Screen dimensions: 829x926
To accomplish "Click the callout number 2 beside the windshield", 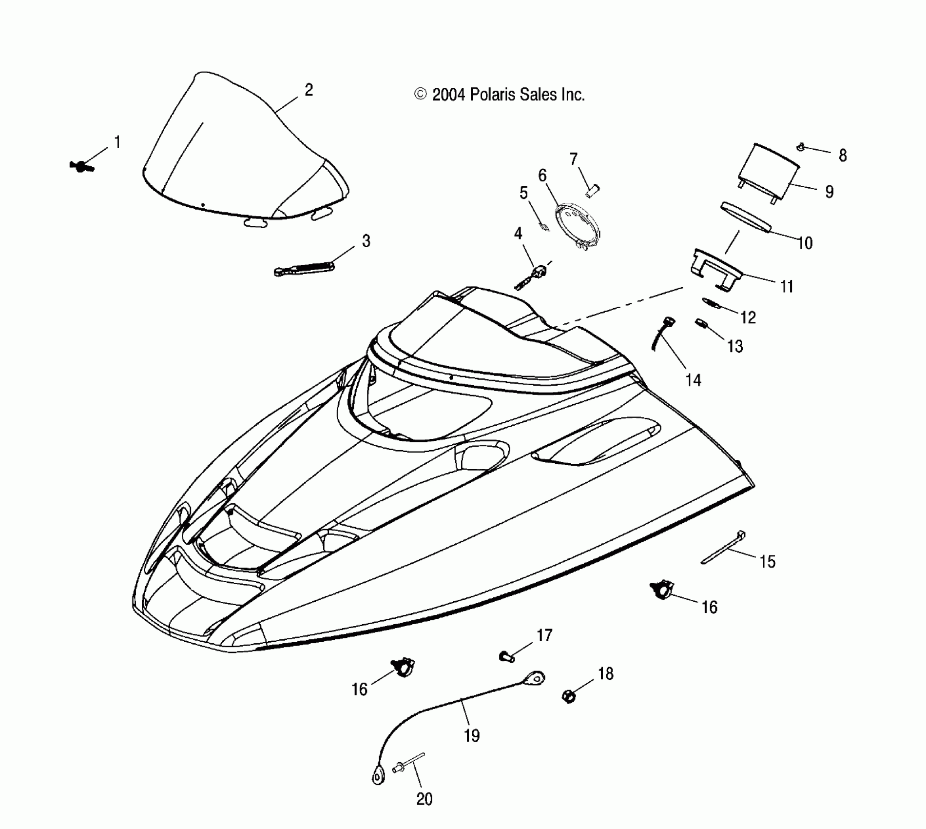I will coord(309,90).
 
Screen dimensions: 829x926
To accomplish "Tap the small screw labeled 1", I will coord(81,167).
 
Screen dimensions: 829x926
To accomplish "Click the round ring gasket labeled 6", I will coord(579,226).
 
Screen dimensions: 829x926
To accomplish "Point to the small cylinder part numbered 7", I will coord(593,191).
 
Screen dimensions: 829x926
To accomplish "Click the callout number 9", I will coord(830,192).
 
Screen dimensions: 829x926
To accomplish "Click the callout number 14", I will coord(693,380).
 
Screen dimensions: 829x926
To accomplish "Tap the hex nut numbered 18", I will coord(569,696).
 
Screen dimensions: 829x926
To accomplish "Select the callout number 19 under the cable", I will coord(471,735).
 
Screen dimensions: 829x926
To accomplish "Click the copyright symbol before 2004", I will coord(420,94).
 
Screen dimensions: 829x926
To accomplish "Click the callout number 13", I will coord(735,346).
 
